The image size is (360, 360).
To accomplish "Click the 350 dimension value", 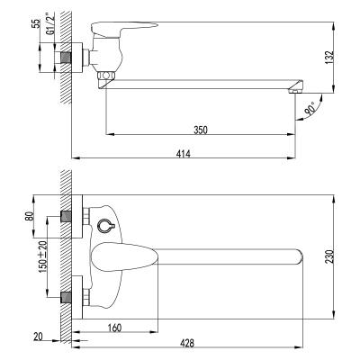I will click(201, 130).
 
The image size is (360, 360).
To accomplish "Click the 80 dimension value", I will click(30, 216).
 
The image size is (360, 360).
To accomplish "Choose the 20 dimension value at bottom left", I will click(37, 337).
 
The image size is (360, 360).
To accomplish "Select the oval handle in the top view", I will click(120, 256).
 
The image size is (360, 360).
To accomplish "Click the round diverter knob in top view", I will click(106, 225).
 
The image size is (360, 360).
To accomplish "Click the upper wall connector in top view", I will click(66, 216).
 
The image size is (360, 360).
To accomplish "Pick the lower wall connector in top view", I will click(66, 296).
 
